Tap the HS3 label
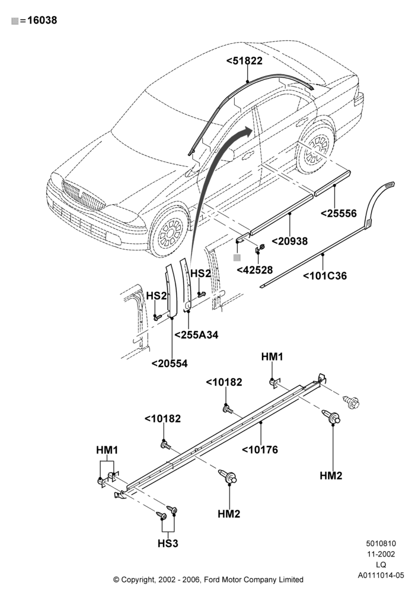[168, 543]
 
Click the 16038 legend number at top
[42, 20]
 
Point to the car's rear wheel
[317, 149]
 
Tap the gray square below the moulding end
[237, 258]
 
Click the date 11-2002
[381, 554]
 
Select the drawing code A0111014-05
[381, 575]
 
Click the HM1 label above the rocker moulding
[272, 357]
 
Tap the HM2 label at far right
[331, 476]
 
